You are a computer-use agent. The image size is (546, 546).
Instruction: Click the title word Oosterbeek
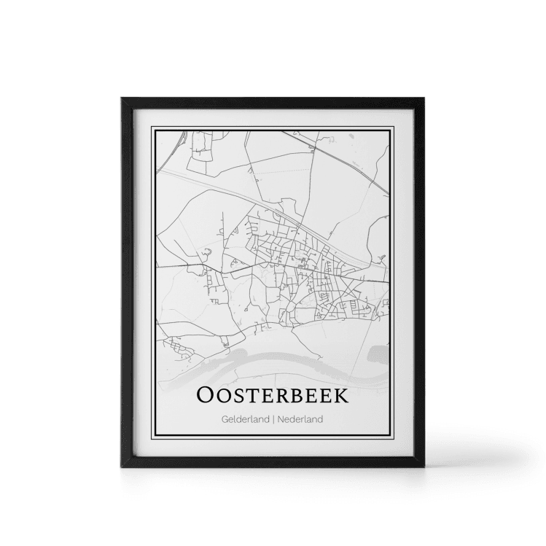click(273, 396)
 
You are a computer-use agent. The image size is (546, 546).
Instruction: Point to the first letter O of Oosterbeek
click(206, 396)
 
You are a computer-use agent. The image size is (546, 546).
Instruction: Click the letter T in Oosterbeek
click(251, 397)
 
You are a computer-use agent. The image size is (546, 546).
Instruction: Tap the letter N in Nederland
click(281, 419)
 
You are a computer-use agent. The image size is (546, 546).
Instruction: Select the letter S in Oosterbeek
click(238, 397)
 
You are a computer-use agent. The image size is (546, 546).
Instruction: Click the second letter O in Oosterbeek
click(224, 397)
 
